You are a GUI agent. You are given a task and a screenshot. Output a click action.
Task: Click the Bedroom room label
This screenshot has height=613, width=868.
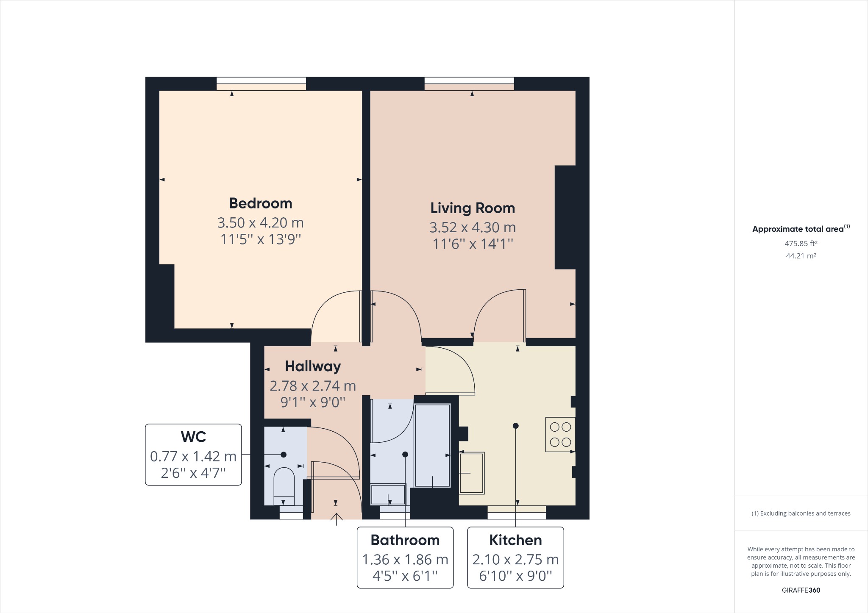261,203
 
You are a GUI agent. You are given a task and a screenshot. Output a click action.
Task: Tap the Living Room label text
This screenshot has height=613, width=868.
473,208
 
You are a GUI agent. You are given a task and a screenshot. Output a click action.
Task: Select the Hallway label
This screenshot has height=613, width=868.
313,366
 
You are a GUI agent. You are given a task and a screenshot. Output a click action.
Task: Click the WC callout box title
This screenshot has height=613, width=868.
193,437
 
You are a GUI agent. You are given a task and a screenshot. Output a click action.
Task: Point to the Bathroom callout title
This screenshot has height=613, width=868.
405,540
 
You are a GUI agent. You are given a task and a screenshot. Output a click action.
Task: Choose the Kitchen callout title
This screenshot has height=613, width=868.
515,540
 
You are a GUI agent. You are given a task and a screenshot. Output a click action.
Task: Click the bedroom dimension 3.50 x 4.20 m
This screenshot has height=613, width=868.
261,222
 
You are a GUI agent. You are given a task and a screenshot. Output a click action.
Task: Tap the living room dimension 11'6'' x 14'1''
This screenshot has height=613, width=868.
473,244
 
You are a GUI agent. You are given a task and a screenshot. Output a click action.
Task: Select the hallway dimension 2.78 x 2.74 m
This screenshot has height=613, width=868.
313,386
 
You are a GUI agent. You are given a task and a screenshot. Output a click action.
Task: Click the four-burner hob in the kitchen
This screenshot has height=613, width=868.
560,435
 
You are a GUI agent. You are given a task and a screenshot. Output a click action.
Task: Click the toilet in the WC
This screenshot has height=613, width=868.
284,485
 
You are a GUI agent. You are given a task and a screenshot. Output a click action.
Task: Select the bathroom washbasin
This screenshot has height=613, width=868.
388,494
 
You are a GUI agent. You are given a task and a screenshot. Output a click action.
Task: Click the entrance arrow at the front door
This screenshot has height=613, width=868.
337,519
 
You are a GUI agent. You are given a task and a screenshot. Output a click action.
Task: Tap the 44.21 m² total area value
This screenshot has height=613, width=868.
801,256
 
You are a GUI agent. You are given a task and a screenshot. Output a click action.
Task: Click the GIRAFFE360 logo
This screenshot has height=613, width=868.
801,590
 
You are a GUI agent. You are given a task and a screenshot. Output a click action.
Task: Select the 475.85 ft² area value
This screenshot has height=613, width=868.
801,244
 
